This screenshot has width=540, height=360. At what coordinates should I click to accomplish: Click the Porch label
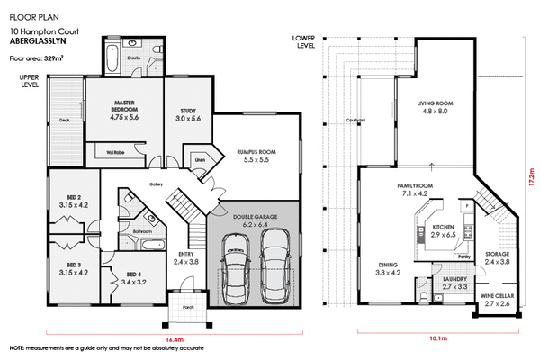click(x=188, y=304)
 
